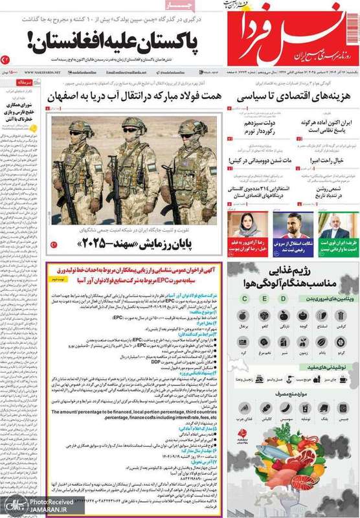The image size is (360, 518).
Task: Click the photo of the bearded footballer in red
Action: click(x=289, y=223)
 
